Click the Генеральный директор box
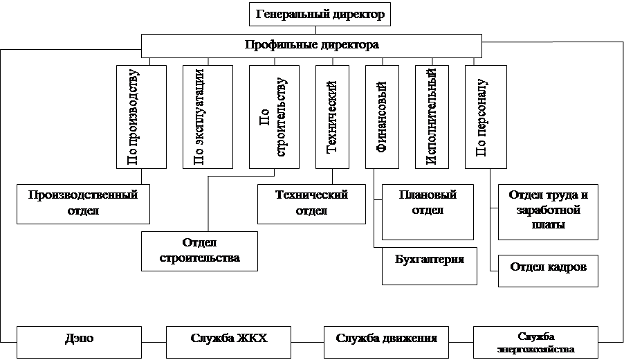[x=320, y=15]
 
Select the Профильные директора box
[x=311, y=46]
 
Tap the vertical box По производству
[x=141, y=117]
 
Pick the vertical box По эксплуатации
[x=208, y=117]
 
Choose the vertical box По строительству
[x=274, y=117]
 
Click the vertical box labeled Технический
[x=332, y=117]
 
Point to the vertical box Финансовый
[x=382, y=117]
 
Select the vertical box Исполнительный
[x=432, y=117]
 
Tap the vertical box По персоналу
[x=486, y=117]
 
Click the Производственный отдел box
[x=83, y=204]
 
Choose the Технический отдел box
[x=311, y=204]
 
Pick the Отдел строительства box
[x=199, y=251]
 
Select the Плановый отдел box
[x=428, y=212]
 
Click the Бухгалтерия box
[x=430, y=266]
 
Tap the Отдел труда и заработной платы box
[x=548, y=212]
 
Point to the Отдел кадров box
[x=548, y=271]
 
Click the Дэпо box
[x=79, y=342]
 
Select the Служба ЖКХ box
[x=228, y=342]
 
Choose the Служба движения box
[x=386, y=342]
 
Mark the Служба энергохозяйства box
[x=535, y=342]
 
